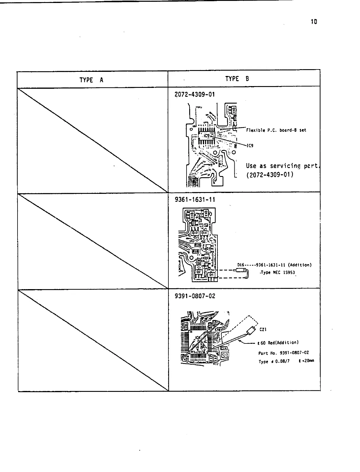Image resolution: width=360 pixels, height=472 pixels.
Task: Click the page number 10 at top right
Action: click(314, 22)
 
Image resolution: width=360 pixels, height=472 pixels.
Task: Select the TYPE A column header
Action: click(91, 80)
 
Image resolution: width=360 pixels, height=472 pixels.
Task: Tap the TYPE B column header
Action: click(237, 79)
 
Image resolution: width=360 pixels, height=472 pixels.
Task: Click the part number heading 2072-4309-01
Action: click(195, 94)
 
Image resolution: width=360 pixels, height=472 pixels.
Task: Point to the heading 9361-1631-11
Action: click(195, 199)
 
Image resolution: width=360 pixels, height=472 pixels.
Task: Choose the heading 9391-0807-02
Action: click(195, 296)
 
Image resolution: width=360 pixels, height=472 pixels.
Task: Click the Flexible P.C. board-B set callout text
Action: click(276, 130)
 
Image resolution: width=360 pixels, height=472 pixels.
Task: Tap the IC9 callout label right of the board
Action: click(250, 146)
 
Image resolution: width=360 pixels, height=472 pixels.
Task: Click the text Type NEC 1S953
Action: click(278, 273)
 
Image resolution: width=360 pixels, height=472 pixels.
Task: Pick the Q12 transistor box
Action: click(195, 233)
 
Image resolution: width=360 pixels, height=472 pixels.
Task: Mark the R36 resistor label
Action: click(198, 245)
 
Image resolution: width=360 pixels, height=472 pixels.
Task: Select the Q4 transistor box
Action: click(211, 275)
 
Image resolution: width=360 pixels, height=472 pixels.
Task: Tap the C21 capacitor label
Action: click(263, 329)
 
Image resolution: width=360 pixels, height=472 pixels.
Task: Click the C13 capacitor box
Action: click(225, 354)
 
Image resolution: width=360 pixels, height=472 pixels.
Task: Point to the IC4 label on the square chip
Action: click(198, 337)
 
